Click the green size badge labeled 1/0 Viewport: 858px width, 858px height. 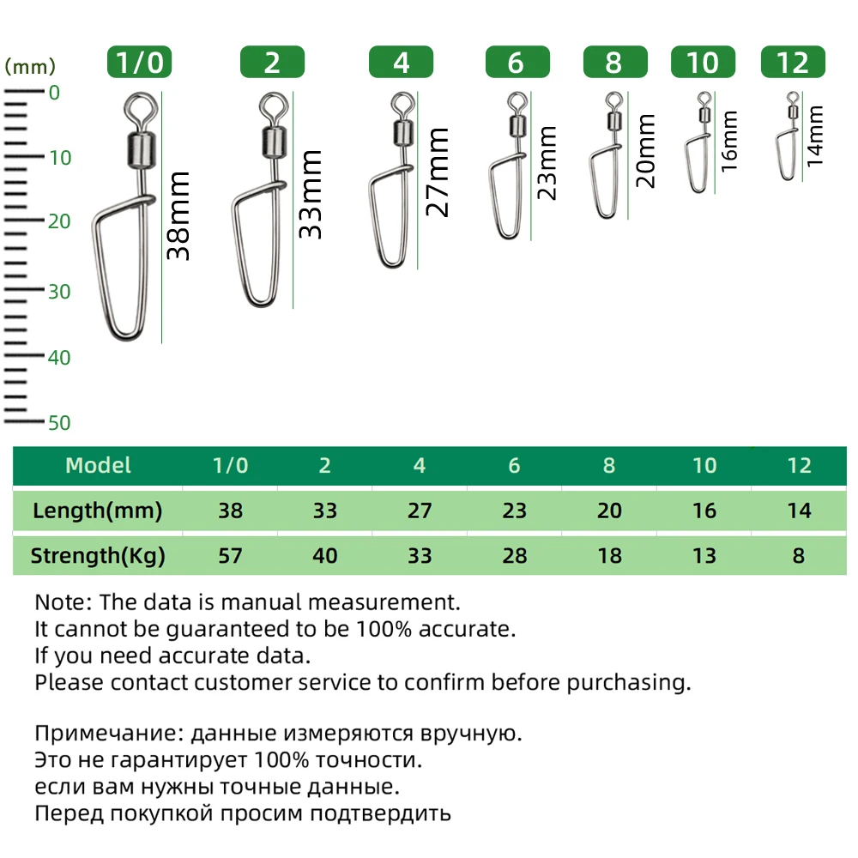[140, 63]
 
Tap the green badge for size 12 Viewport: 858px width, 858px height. [792, 63]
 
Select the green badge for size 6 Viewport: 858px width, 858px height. [517, 63]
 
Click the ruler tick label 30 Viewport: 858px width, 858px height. [59, 292]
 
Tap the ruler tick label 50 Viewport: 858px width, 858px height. [59, 423]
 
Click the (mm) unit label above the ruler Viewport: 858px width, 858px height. [30, 66]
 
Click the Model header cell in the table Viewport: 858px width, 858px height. [99, 466]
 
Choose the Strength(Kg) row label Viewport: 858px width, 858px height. [97, 556]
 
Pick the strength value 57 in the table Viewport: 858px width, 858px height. [231, 556]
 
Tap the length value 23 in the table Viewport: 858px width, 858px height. [514, 511]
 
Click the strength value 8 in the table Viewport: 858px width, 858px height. [799, 556]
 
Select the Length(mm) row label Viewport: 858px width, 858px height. [97, 511]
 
